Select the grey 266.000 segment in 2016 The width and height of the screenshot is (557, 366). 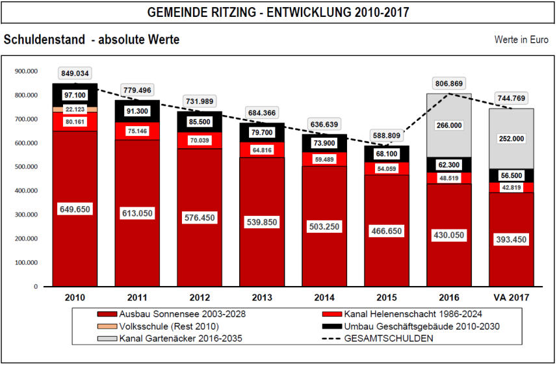[449, 125]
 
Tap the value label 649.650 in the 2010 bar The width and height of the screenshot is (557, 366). [75, 209]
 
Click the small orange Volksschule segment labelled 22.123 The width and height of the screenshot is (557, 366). [75, 109]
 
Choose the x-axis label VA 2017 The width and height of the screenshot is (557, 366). [511, 298]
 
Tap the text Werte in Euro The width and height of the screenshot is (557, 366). [521, 40]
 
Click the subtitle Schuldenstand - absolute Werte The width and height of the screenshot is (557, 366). [92, 40]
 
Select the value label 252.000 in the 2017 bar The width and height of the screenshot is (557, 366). [512, 138]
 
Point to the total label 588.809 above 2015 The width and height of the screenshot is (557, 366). [387, 137]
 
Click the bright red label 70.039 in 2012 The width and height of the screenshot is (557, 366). [200, 140]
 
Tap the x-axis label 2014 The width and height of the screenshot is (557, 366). [324, 298]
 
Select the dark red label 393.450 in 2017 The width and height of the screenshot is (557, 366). [512, 239]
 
